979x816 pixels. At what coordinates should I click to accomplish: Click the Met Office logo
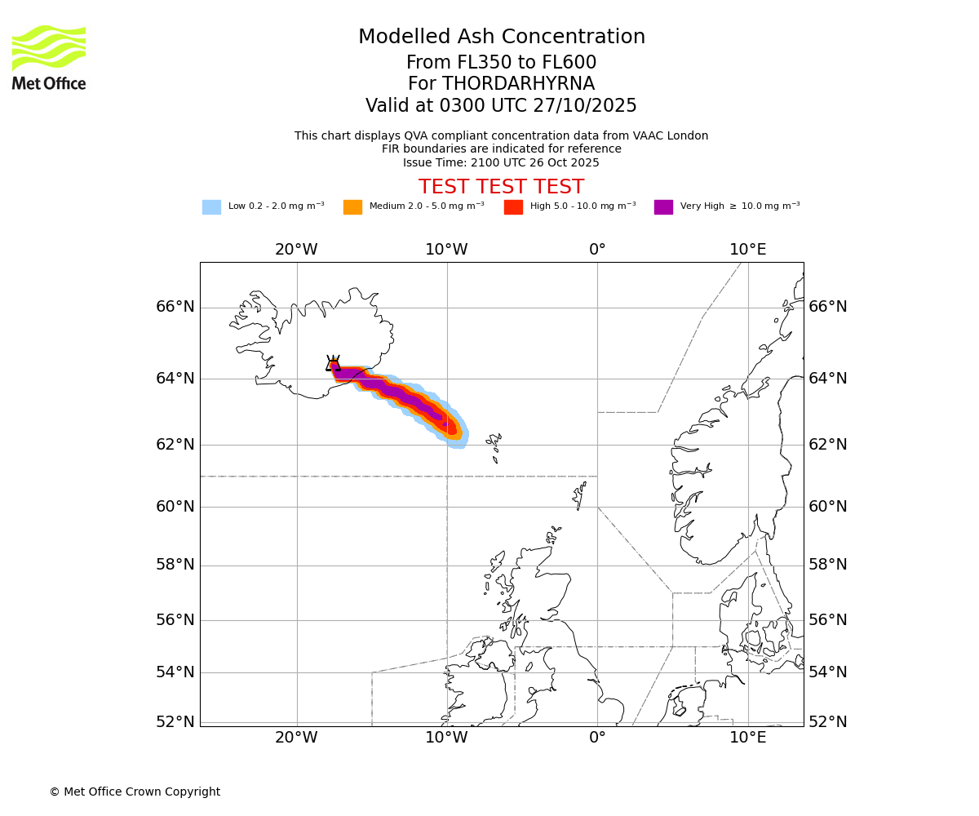[x=49, y=57]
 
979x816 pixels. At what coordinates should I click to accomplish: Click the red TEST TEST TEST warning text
[x=501, y=187]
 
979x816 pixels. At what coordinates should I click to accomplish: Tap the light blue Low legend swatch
[x=211, y=207]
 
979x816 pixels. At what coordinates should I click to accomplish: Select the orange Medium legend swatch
[x=352, y=207]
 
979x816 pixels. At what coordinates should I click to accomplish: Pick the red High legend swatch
[x=513, y=207]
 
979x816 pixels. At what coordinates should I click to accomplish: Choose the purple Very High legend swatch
[x=663, y=207]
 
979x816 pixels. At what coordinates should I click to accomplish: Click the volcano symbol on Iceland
[x=333, y=364]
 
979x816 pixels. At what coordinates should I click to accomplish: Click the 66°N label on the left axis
[x=175, y=307]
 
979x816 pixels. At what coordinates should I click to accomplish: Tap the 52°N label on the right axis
[x=828, y=722]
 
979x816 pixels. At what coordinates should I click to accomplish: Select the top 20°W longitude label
[x=296, y=250]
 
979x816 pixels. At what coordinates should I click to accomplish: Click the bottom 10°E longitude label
[x=747, y=738]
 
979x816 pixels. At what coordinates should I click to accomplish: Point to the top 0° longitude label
[x=597, y=250]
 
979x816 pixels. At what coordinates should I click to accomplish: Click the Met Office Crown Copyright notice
[x=135, y=792]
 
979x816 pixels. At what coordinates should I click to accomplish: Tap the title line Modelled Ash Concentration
[x=501, y=38]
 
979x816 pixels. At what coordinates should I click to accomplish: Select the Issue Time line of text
[x=501, y=162]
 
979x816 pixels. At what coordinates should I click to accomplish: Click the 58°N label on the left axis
[x=175, y=565]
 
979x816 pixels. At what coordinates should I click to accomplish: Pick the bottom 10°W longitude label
[x=446, y=738]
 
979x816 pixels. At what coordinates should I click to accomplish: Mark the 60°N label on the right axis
[x=828, y=507]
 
